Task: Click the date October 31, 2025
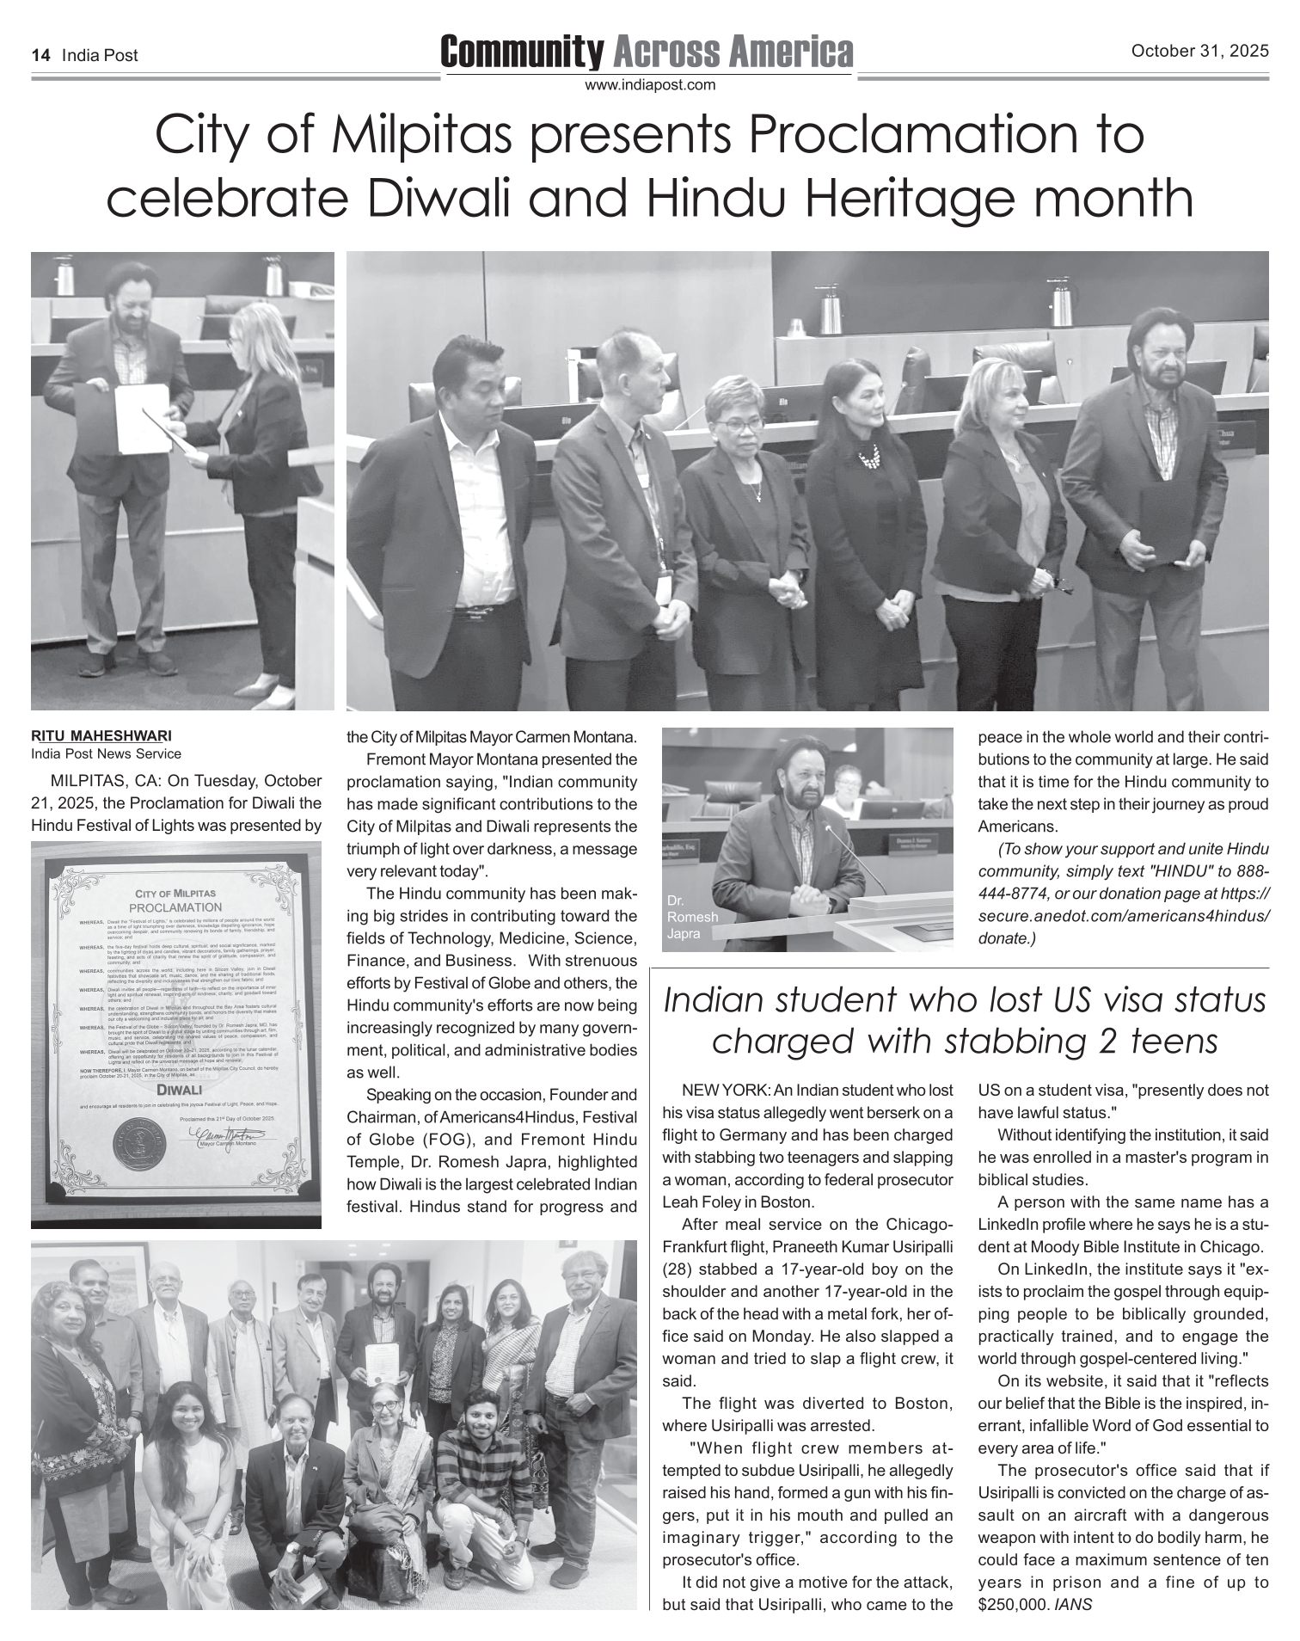[x=1199, y=52]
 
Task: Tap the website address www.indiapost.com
[x=649, y=85]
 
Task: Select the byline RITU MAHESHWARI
[x=101, y=737]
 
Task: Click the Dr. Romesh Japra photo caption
[x=691, y=917]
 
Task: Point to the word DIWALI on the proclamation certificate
[x=179, y=1090]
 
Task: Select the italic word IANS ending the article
[x=1073, y=1604]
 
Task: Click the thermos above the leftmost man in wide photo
[x=830, y=315]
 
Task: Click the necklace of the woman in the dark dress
[x=869, y=456]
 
